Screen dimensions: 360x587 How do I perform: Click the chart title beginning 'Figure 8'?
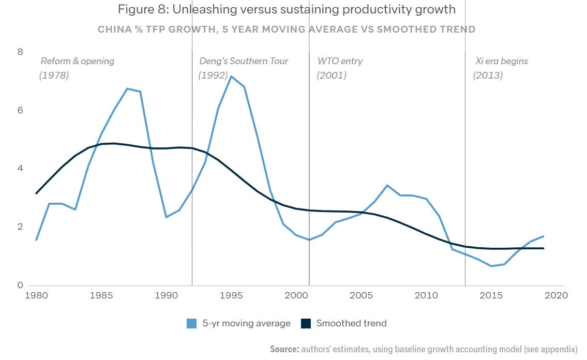[x=287, y=9]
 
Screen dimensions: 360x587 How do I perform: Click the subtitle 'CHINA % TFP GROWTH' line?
[x=287, y=29]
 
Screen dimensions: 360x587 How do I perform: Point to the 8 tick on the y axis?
[x=20, y=52]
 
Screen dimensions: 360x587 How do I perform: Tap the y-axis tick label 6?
[x=20, y=110]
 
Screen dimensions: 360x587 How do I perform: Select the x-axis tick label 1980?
[x=36, y=296]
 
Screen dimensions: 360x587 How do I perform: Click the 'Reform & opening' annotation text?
[x=78, y=61]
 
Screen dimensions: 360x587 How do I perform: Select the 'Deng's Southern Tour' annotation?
[x=244, y=61]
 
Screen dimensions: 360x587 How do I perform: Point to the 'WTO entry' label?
[x=340, y=61]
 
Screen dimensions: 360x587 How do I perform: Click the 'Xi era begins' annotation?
[x=502, y=61]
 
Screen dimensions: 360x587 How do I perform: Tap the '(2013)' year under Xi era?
[x=488, y=76]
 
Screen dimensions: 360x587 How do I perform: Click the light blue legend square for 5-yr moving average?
[x=192, y=324]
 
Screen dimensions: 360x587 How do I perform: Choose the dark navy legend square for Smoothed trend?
[x=306, y=324]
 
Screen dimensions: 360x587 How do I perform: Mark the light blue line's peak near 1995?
[x=231, y=77]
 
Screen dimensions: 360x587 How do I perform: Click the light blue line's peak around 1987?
[x=127, y=88]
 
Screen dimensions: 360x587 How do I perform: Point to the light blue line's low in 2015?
[x=491, y=266]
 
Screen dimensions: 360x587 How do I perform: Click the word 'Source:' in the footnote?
[x=284, y=349]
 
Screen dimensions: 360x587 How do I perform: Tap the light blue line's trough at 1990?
[x=166, y=217]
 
